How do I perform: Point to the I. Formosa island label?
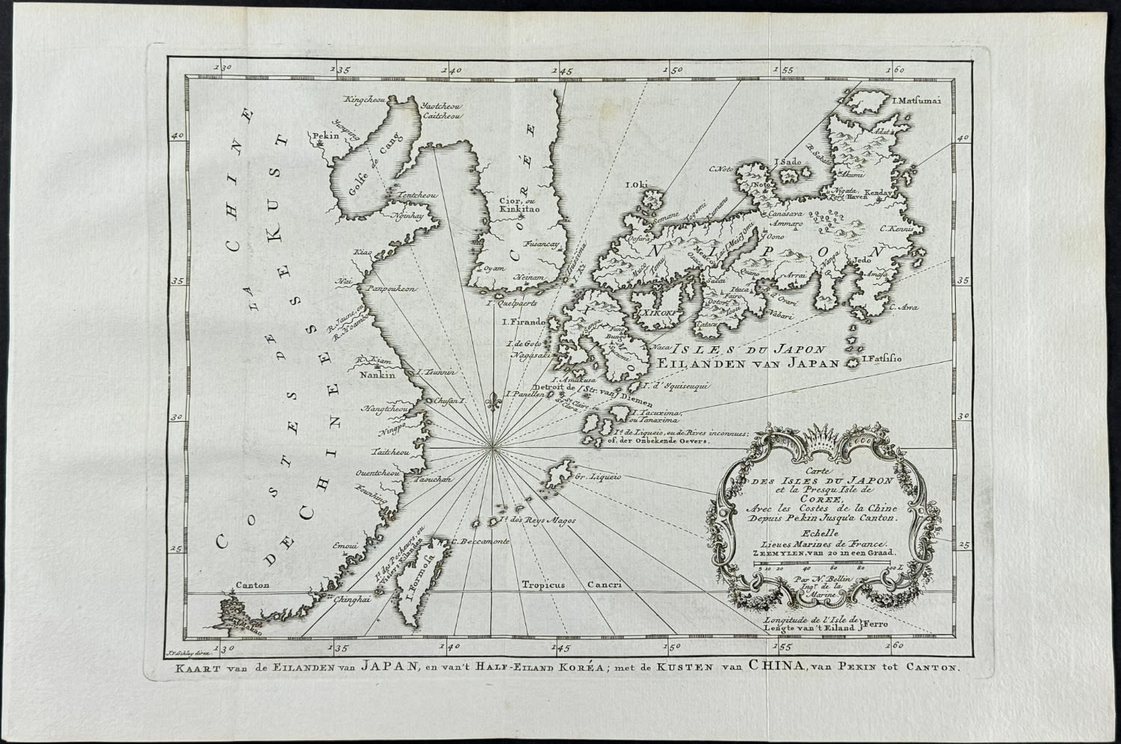pyautogui.click(x=417, y=596)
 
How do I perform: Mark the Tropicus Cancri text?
pyautogui.click(x=572, y=585)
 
